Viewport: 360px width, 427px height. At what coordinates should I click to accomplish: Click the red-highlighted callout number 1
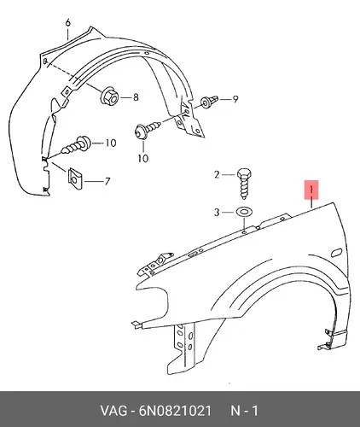[x=311, y=190]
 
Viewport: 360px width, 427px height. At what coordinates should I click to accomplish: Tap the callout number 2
[x=217, y=174]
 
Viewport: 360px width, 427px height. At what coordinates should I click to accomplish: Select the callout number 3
[x=217, y=213]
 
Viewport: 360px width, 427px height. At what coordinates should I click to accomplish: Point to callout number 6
[x=67, y=22]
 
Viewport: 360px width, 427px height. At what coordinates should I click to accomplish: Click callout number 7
[x=107, y=181]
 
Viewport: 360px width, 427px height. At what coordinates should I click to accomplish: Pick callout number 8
[x=136, y=97]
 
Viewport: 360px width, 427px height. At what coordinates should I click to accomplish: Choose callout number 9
[x=235, y=99]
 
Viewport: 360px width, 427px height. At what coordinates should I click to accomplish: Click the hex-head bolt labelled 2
[x=245, y=184]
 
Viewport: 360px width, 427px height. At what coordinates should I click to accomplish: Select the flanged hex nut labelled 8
[x=110, y=97]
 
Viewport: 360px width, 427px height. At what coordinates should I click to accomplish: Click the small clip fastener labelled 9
[x=210, y=102]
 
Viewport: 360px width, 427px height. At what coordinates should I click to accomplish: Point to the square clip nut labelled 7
[x=75, y=178]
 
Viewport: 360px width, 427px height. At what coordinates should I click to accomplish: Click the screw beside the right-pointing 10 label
[x=76, y=144]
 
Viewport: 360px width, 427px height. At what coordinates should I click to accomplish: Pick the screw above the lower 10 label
[x=148, y=130]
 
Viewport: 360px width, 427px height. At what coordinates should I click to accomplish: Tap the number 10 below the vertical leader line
[x=143, y=158]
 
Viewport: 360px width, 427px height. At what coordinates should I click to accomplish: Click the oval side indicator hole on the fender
[x=336, y=253]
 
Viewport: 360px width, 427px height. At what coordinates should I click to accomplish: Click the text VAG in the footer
[x=113, y=411]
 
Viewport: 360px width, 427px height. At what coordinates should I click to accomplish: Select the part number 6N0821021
[x=175, y=411]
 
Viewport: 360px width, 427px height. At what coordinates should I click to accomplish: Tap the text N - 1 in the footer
[x=244, y=411]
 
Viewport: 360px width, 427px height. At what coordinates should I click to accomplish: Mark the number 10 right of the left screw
[x=111, y=143]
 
